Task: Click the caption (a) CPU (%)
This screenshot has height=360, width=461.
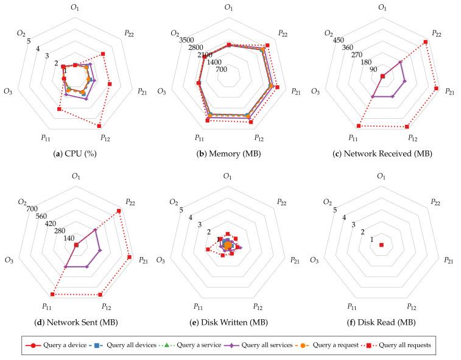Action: click(x=76, y=154)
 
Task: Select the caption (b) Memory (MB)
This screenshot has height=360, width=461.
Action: click(x=229, y=154)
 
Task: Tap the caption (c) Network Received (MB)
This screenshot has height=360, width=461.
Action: click(x=382, y=154)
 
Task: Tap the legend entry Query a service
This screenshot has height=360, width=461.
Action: click(x=195, y=345)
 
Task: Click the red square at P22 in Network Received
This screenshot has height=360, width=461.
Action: click(x=425, y=42)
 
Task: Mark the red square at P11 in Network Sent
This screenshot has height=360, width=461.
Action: click(x=52, y=294)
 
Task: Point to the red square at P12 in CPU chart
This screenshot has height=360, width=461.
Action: click(x=99, y=125)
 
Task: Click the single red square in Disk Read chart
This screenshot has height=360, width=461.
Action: click(x=382, y=245)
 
